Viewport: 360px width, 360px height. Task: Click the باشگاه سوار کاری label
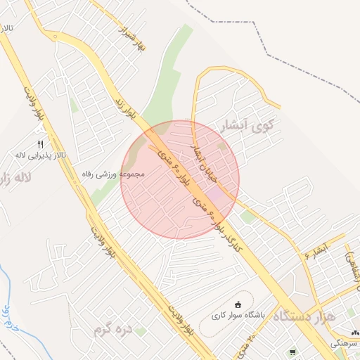coord(238,316)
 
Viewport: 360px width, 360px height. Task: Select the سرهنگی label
coord(346,342)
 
